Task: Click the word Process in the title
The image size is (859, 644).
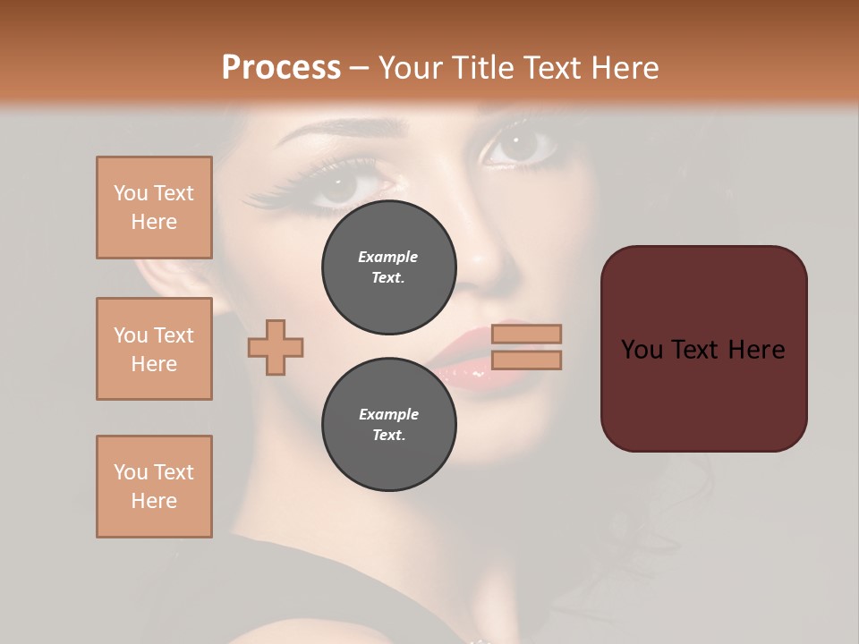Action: [x=281, y=68]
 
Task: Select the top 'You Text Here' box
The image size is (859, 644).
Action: [x=154, y=208]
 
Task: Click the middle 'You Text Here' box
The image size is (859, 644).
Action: [x=154, y=349]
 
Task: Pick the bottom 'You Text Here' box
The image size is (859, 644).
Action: [x=154, y=487]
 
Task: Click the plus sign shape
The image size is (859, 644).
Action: [x=276, y=347]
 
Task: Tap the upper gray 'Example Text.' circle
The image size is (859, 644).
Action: [x=389, y=267]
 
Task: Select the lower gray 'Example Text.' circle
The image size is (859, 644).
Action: [x=389, y=425]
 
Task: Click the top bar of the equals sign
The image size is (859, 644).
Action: [x=526, y=335]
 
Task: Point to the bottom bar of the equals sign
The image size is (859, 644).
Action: [x=526, y=360]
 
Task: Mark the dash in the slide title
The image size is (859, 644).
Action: [x=359, y=69]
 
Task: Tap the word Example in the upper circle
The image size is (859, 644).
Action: [x=388, y=257]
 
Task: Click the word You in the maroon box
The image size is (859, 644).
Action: [x=642, y=350]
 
